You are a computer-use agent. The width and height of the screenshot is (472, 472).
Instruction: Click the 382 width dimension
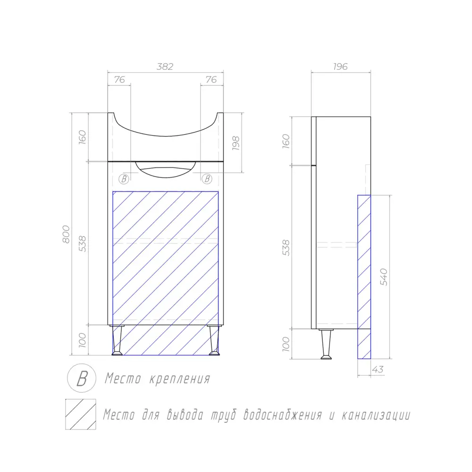pyautogui.click(x=165, y=67)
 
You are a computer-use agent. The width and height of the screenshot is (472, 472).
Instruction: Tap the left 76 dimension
pyautogui.click(x=119, y=80)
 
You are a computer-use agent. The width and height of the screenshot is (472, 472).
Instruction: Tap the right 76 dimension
pyautogui.click(x=211, y=80)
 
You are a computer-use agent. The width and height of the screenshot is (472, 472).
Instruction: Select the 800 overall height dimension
pyautogui.click(x=66, y=234)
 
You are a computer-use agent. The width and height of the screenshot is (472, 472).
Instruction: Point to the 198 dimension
pyautogui.click(x=236, y=143)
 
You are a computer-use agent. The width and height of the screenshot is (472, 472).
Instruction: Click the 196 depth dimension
pyautogui.click(x=340, y=67)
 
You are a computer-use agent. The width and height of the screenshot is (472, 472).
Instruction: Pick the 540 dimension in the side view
pyautogui.click(x=384, y=277)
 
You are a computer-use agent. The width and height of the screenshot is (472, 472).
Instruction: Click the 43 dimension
pyautogui.click(x=378, y=370)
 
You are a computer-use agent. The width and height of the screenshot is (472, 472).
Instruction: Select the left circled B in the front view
pyautogui.click(x=124, y=179)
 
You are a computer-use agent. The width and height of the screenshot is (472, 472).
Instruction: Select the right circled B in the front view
pyautogui.click(x=207, y=179)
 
